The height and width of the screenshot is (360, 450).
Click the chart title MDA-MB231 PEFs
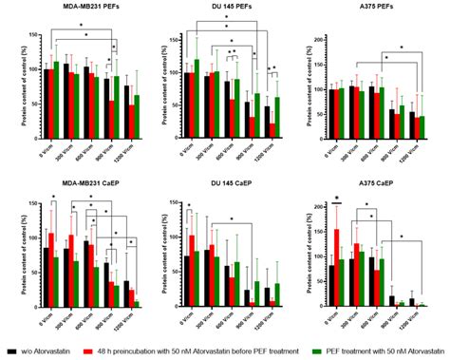coord(78,8)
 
